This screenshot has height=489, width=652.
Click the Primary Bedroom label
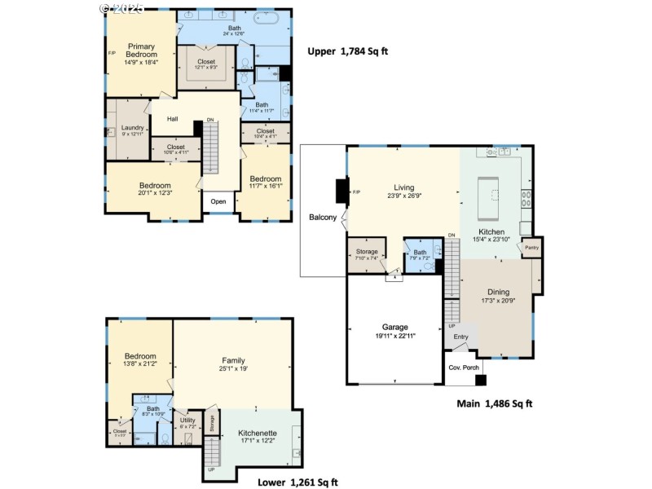tap(140, 50)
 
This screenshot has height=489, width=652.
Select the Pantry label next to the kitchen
tap(531, 248)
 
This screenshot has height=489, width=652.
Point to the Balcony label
tap(323, 218)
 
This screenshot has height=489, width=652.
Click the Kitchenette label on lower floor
tap(258, 433)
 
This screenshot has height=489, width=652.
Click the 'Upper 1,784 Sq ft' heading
tap(347, 51)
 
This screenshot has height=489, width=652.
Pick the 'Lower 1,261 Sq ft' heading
tap(297, 482)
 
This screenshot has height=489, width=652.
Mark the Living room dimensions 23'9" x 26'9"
tap(404, 196)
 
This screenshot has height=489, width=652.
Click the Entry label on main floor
tap(461, 337)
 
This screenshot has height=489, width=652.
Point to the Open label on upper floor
tap(218, 202)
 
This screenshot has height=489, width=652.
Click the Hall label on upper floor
tap(172, 119)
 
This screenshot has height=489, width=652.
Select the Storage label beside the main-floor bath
tap(367, 252)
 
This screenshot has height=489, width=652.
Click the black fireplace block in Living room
tap(341, 192)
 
